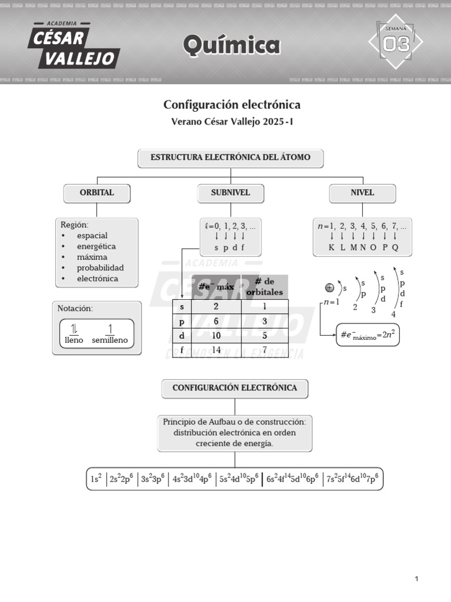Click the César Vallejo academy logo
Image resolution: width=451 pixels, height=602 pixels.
click(x=73, y=45)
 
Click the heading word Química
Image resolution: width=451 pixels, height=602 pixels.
click(x=231, y=45)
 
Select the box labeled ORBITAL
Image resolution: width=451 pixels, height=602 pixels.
click(x=97, y=193)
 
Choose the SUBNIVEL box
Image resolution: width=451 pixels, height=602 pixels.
click(x=230, y=193)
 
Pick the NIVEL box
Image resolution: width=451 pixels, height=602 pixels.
click(x=362, y=193)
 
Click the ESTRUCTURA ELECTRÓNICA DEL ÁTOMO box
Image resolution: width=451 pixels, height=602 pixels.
click(x=230, y=158)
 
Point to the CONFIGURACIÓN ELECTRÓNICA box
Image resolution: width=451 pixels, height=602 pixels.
click(x=234, y=388)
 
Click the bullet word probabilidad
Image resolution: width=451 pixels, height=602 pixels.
click(x=100, y=268)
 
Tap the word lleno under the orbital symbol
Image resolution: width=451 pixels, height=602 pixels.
click(x=74, y=340)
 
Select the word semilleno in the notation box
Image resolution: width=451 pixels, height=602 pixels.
click(x=110, y=340)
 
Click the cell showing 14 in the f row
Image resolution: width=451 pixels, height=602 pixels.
click(x=217, y=350)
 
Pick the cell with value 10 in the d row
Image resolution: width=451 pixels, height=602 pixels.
click(x=217, y=335)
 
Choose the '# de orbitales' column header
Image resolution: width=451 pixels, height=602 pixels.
click(x=264, y=287)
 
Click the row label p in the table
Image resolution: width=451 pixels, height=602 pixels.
click(x=181, y=321)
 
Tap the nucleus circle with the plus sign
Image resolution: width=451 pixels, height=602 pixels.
click(x=329, y=287)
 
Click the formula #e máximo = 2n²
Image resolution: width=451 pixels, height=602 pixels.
click(x=367, y=335)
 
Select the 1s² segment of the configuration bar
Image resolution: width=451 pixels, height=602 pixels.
click(x=96, y=479)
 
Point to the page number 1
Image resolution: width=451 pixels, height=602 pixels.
click(x=416, y=579)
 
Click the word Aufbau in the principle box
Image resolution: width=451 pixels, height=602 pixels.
click(x=223, y=422)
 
